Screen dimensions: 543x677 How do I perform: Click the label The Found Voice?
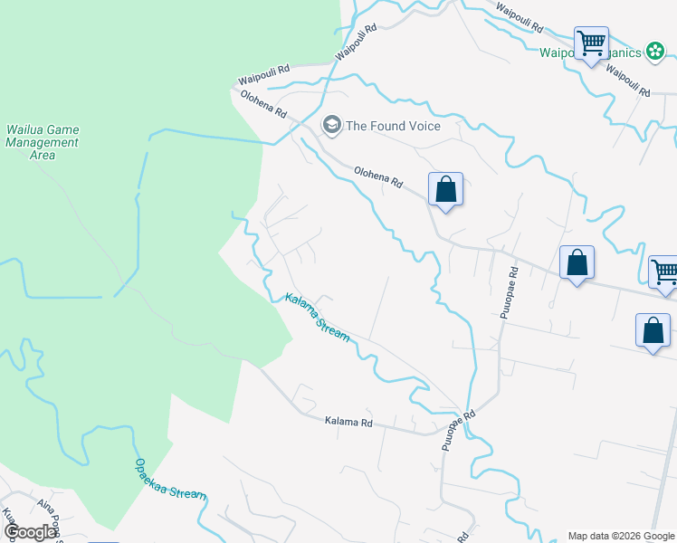(393, 126)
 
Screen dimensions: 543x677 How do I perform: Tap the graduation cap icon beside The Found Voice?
(332, 125)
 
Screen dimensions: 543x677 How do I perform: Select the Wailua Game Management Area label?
(43, 142)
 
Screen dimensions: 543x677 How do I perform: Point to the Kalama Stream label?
(318, 317)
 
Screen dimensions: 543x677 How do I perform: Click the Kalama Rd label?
(348, 423)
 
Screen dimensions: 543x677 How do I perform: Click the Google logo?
(29, 532)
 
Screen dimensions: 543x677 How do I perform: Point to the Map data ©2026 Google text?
(621, 536)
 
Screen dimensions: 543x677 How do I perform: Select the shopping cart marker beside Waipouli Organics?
(591, 43)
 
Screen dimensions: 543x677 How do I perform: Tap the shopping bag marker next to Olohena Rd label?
(445, 190)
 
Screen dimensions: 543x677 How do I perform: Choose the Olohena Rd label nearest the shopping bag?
(378, 176)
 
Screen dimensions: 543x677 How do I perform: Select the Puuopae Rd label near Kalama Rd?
(458, 431)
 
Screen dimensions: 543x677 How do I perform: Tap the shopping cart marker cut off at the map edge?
(664, 271)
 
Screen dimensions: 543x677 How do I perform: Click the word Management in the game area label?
(43, 142)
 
